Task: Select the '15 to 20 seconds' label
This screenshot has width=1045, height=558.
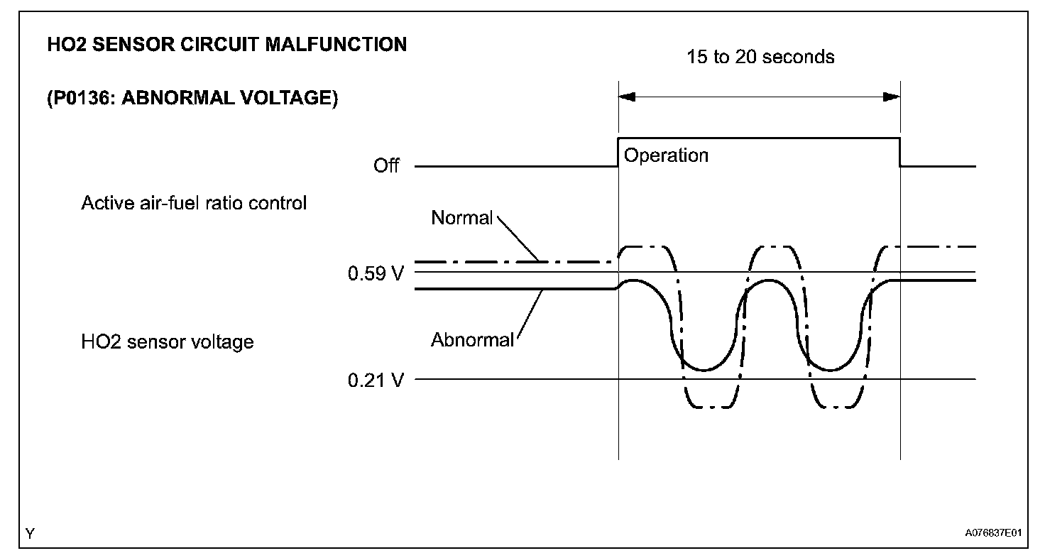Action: [760, 57]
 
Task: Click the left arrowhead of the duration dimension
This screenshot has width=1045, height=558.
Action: [627, 97]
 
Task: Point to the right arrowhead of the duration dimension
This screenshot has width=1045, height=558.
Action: [892, 97]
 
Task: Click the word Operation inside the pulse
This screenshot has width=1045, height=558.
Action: [666, 155]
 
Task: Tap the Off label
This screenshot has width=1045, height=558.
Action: [386, 166]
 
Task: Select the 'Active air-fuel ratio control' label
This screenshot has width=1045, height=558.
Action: [194, 203]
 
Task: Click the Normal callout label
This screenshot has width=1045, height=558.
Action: [461, 218]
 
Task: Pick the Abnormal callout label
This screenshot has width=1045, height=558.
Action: [472, 340]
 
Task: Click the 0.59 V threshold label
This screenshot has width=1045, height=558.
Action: [376, 273]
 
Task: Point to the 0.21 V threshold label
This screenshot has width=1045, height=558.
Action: [376, 380]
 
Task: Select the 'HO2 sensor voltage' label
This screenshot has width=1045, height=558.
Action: [168, 342]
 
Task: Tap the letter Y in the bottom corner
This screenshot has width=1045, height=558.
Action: [30, 533]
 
